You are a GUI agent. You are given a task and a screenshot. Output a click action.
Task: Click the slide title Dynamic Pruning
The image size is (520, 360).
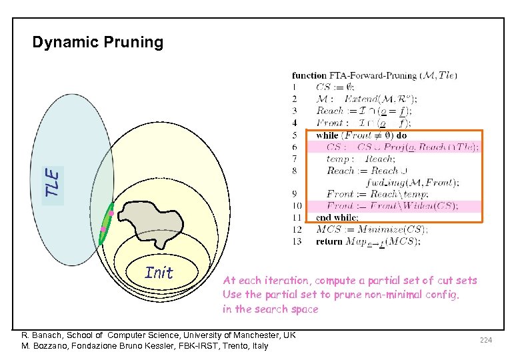click(98, 43)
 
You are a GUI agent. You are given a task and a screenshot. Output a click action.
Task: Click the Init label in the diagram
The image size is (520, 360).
click(159, 273)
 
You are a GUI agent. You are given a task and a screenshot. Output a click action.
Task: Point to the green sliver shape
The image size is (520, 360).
click(105, 224)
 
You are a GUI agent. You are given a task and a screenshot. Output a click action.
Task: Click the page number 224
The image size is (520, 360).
click(485, 341)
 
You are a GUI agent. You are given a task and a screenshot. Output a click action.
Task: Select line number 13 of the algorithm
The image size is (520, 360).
click(297, 241)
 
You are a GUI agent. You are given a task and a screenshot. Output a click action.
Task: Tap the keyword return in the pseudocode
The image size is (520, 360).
click(330, 241)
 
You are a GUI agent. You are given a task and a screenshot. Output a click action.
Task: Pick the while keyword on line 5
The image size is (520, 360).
click(327, 135)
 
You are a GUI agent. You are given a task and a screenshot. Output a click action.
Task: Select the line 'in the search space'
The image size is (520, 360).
click(271, 309)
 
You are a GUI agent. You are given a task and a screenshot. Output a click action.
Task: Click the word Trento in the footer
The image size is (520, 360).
click(231, 346)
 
